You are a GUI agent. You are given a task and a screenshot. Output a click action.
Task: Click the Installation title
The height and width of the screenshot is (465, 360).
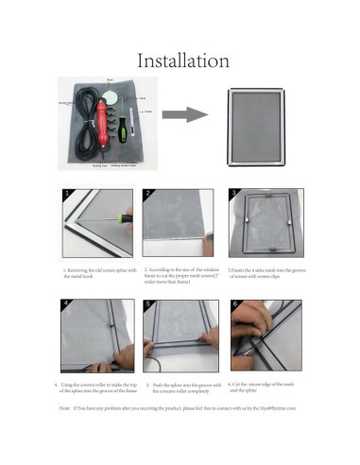coord(183,60)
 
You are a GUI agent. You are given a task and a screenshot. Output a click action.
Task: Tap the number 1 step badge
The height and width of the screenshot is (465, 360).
coord(66,194)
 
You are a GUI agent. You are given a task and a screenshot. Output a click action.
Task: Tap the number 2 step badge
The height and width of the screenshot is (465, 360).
coord(148,194)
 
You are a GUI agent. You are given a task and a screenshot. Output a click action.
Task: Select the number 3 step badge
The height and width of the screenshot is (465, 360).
coord(232,194)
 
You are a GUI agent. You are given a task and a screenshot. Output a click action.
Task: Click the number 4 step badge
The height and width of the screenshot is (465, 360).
coord(66,305)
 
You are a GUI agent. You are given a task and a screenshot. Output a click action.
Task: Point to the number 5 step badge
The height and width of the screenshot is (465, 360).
coord(148,305)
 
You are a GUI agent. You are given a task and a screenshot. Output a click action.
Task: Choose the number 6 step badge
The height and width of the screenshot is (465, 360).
coord(232,305)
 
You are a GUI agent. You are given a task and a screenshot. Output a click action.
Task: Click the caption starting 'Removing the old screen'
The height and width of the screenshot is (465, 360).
coord(90,273)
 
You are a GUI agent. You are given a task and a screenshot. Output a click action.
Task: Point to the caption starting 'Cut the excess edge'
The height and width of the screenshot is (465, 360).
coord(265,387)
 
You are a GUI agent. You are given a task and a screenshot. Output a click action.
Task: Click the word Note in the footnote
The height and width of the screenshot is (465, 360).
coord(64,407)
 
